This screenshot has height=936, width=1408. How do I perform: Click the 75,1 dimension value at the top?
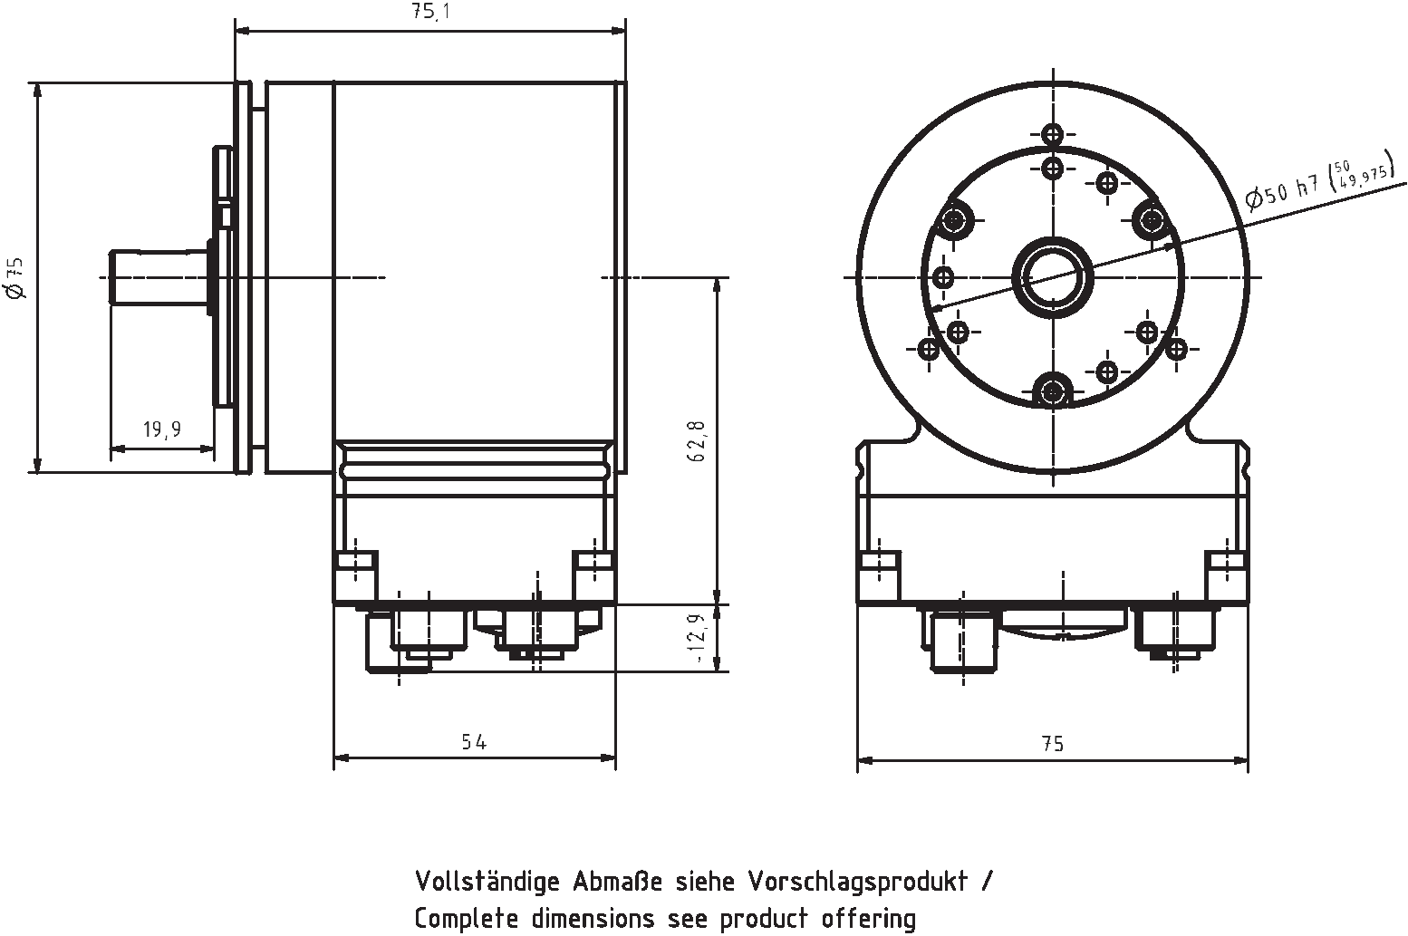click(429, 12)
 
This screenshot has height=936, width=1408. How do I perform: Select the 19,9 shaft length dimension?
click(161, 429)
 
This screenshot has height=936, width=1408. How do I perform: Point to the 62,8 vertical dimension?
click(697, 440)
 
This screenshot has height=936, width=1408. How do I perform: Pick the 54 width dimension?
click(474, 742)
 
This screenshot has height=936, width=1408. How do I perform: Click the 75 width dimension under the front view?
click(1052, 744)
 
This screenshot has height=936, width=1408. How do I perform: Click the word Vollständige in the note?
click(488, 881)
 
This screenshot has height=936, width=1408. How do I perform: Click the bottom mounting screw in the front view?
click(1052, 391)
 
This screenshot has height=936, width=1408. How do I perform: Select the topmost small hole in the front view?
click(1052, 135)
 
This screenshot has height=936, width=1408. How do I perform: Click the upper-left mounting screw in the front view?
click(954, 218)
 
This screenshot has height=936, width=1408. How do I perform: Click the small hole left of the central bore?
click(942, 276)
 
